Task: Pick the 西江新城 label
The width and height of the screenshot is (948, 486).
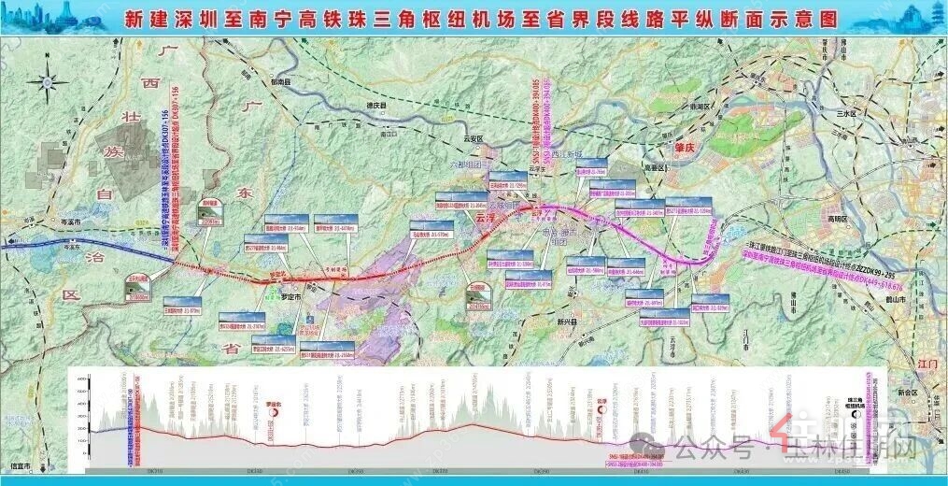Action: pos(566,154)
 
